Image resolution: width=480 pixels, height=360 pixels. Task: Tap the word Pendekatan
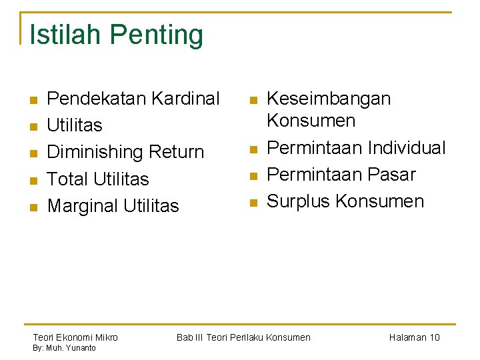97,99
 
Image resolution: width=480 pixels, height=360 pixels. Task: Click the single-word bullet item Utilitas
75,125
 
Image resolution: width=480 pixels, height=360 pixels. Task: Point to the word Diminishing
96,153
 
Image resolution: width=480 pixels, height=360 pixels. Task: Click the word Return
177,152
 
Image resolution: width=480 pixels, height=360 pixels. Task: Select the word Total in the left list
68,179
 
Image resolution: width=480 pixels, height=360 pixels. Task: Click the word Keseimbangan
329,99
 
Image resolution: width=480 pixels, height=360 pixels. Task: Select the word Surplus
299,201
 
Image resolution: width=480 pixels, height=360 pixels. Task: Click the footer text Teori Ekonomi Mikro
75,337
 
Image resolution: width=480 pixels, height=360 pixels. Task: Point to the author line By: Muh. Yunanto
65,348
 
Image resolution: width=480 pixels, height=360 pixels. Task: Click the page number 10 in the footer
434,337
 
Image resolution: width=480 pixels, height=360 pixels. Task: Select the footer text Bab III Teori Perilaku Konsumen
243,337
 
